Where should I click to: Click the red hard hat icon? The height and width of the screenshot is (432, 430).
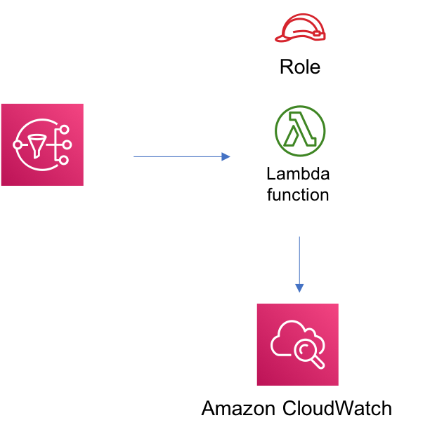point(301,28)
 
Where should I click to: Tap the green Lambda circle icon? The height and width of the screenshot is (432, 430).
point(300,131)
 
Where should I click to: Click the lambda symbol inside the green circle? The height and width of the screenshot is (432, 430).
point(300,130)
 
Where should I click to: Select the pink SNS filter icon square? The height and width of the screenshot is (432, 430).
point(42,144)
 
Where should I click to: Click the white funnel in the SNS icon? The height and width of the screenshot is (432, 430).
point(37,145)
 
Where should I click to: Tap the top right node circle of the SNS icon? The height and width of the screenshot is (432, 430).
point(64,129)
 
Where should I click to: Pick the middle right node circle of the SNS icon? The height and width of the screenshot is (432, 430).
point(67,144)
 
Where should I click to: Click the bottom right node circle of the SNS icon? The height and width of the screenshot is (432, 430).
point(64,160)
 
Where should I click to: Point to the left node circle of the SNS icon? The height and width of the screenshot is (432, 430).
point(18,144)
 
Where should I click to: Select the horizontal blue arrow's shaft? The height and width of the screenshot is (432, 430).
point(176,156)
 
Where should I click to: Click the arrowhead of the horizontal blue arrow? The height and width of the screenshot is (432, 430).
point(226,156)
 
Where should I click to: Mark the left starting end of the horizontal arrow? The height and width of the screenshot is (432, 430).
point(135,156)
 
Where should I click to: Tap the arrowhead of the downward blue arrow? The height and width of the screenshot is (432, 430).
point(299,288)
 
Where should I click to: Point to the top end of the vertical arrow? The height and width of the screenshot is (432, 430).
point(299,238)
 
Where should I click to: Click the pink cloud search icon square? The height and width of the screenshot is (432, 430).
point(297,344)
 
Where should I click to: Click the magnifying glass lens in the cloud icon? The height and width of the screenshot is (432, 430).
point(305,349)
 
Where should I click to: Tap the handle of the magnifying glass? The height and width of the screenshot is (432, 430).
point(318,362)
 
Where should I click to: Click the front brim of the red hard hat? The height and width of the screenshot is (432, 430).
point(282,39)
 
